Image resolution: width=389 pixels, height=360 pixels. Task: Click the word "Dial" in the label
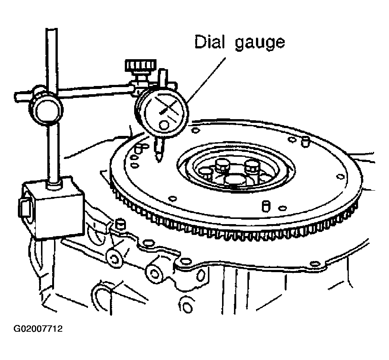[x=210, y=42]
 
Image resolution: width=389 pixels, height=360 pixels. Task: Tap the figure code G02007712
[x=38, y=329]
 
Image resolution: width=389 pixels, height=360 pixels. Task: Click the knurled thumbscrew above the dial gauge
[x=141, y=66]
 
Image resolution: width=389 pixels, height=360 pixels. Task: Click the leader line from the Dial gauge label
[x=207, y=80]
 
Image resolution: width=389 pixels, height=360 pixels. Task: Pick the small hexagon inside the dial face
[x=163, y=125]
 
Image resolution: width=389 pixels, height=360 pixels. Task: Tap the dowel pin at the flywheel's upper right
[x=305, y=142]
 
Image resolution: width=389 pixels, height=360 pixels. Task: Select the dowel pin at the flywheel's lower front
[x=266, y=206]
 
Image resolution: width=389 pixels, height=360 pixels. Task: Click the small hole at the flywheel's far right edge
[x=340, y=176]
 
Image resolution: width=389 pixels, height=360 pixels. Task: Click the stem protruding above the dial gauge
[x=163, y=78]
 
